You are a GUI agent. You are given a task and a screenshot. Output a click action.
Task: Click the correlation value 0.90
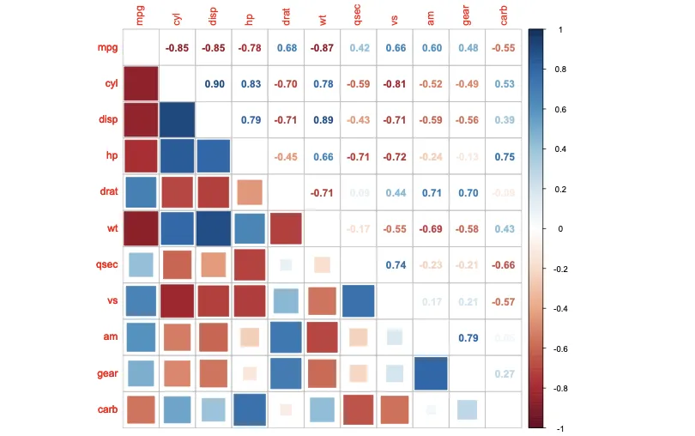tap(214, 84)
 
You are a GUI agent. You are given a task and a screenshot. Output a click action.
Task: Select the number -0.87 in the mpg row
tap(323, 48)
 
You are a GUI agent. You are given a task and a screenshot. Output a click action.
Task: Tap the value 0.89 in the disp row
tap(323, 120)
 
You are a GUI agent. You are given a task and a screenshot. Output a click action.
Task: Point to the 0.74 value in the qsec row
tap(396, 265)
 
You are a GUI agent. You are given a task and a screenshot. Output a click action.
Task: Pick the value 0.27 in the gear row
tap(504, 374)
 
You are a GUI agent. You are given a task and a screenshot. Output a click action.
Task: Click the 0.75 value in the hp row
tap(504, 157)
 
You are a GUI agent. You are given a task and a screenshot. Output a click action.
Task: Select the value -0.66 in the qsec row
tap(504, 265)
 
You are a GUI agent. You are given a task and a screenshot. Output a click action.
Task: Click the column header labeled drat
tap(286, 16)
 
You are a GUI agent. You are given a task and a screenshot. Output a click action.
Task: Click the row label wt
tap(108, 229)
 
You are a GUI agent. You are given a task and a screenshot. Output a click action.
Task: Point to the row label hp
tap(109, 157)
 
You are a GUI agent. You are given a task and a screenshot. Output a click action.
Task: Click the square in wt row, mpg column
tap(141, 228)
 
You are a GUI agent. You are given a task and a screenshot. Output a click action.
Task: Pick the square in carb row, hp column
tap(250, 409)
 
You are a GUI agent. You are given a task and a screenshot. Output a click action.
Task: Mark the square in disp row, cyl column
tap(177, 120)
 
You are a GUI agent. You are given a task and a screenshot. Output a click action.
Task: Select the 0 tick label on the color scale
tap(553, 229)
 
